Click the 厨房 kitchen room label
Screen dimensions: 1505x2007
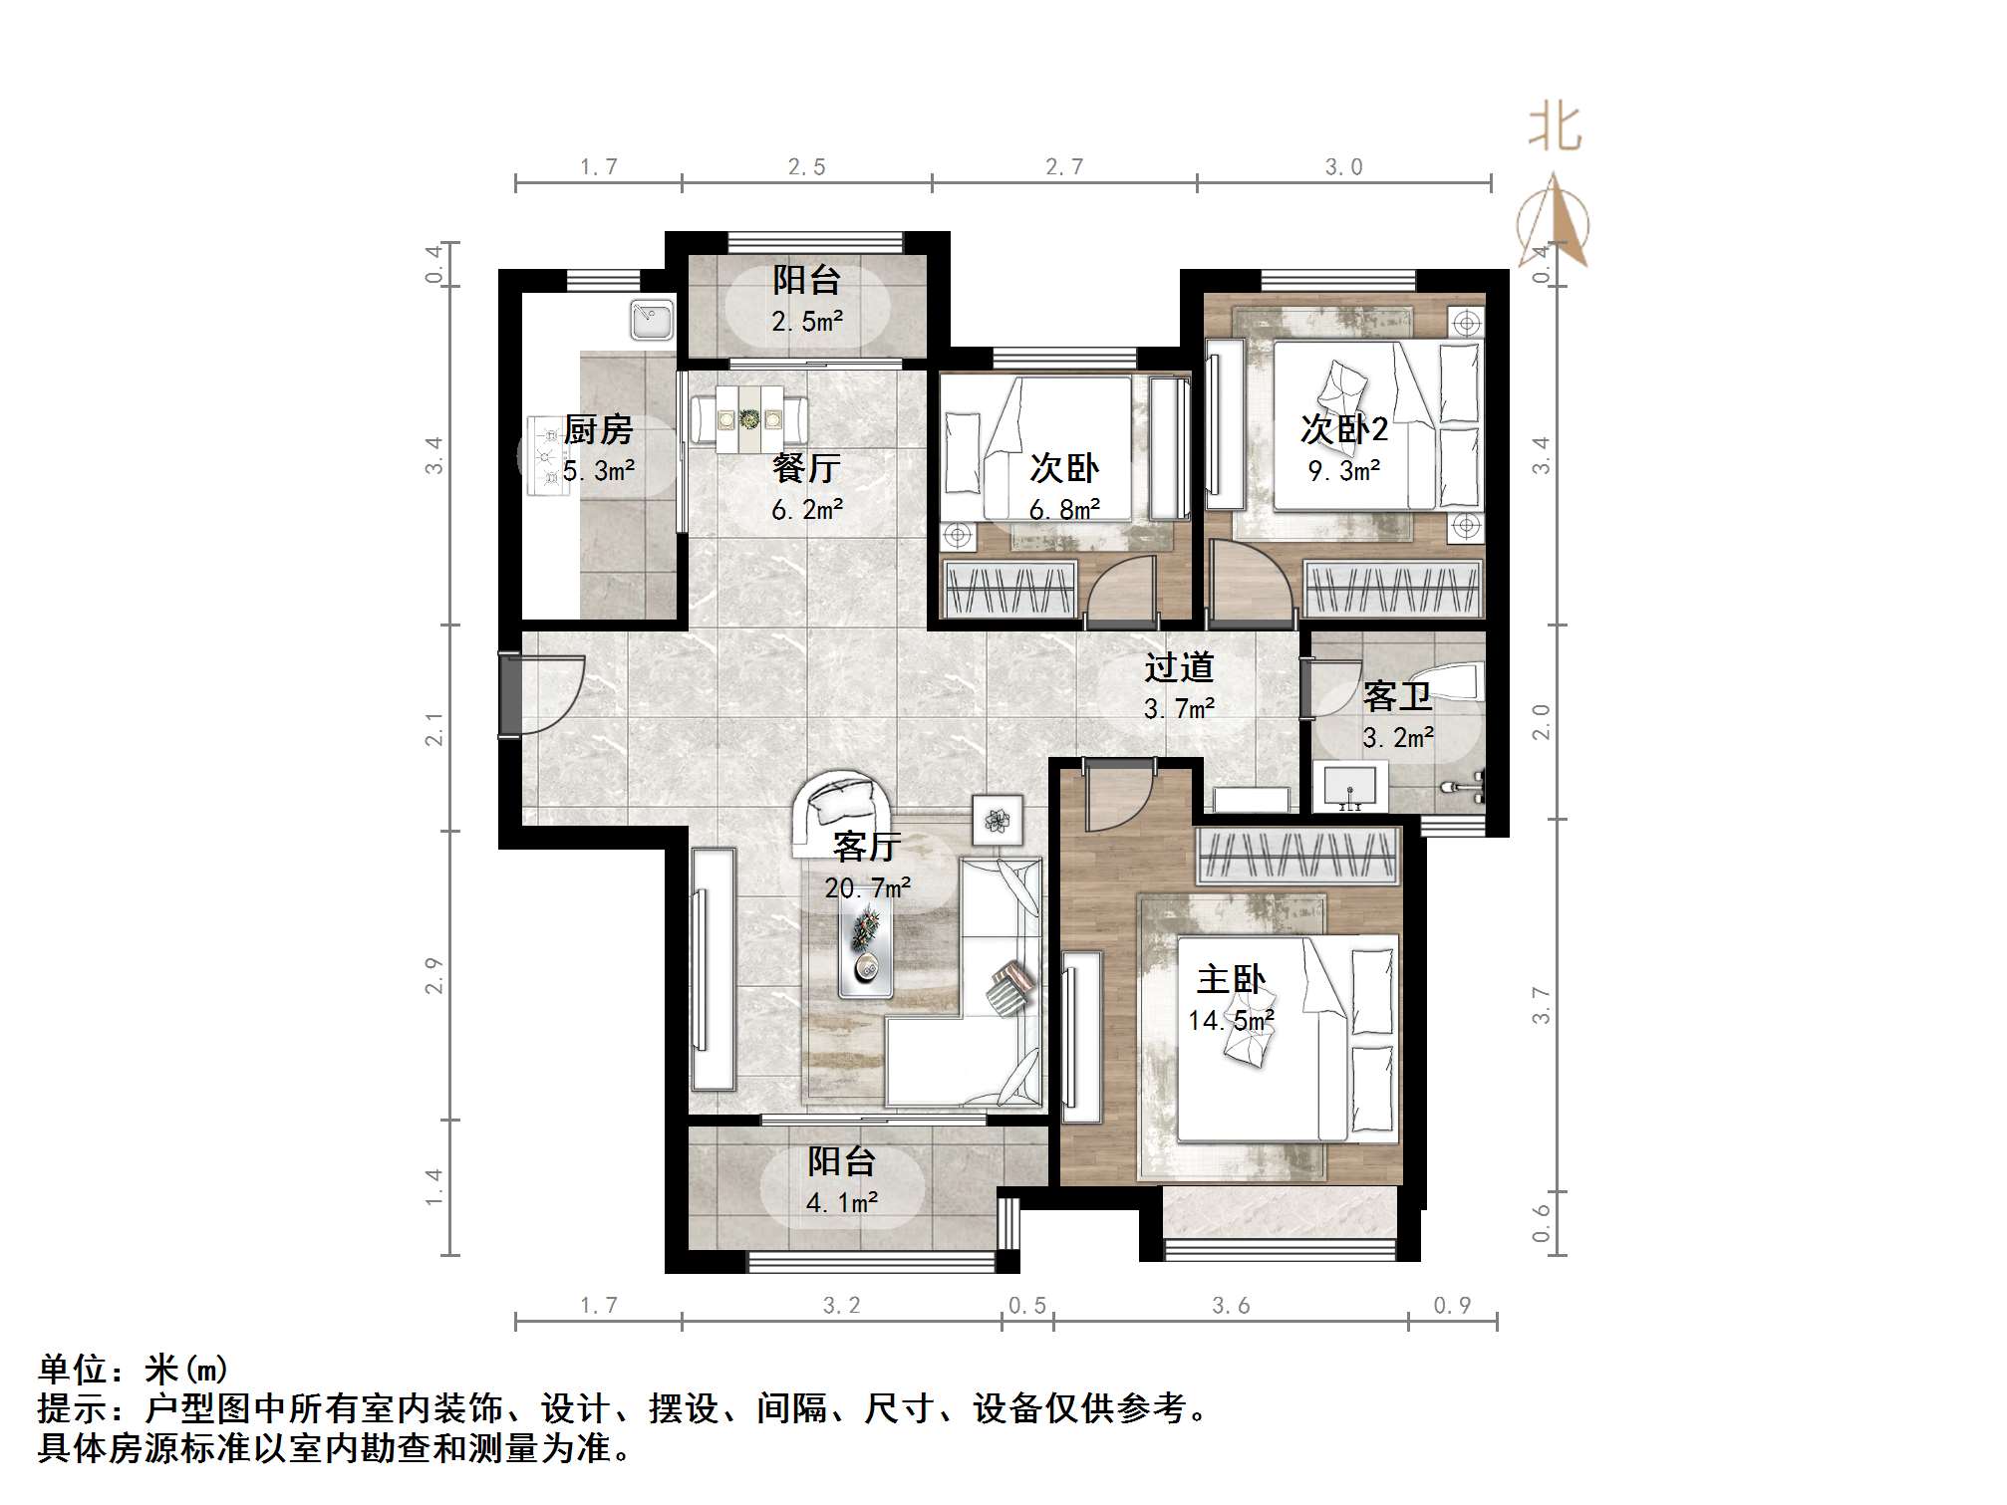click(x=598, y=430)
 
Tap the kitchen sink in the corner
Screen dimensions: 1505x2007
click(x=653, y=320)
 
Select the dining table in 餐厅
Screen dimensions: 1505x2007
click(x=750, y=417)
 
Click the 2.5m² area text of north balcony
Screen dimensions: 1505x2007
click(x=806, y=322)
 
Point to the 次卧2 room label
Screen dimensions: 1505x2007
click(x=1343, y=429)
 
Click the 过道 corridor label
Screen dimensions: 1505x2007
click(x=1178, y=667)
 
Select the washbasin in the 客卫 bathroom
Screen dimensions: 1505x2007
click(x=1350, y=787)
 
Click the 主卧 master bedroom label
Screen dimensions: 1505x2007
click(x=1231, y=979)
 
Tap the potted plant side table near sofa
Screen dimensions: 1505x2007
click(x=998, y=820)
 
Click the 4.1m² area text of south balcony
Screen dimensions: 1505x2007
click(x=841, y=1203)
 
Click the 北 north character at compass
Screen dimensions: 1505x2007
click(x=1555, y=129)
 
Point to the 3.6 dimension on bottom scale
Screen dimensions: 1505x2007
click(x=1230, y=1306)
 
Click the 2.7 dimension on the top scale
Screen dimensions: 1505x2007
click(x=1063, y=167)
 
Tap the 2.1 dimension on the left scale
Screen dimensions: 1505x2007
click(x=433, y=728)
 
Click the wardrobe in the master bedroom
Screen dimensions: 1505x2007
click(x=1296, y=855)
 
